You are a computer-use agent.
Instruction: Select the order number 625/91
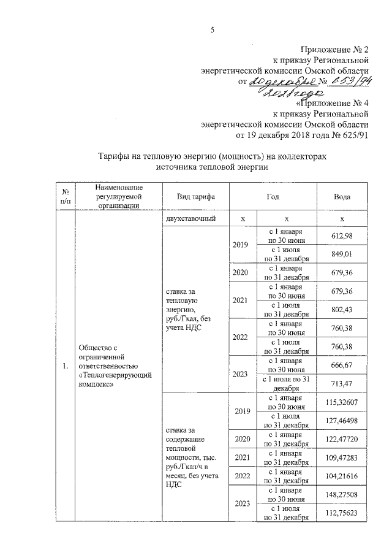(x=353, y=134)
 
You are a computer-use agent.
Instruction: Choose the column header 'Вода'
(x=342, y=196)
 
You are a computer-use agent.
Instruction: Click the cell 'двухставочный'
(x=190, y=219)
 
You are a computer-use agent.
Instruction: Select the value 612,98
(x=342, y=236)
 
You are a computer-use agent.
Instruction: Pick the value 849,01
(x=342, y=254)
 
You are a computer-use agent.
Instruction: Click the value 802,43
(x=342, y=309)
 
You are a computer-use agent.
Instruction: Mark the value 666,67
(x=342, y=365)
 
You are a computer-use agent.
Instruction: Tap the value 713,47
(x=342, y=384)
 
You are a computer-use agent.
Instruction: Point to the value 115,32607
(x=342, y=402)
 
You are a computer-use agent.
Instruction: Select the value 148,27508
(x=342, y=494)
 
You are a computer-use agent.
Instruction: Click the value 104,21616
(x=342, y=476)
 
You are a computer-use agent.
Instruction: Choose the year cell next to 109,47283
(x=241, y=457)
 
